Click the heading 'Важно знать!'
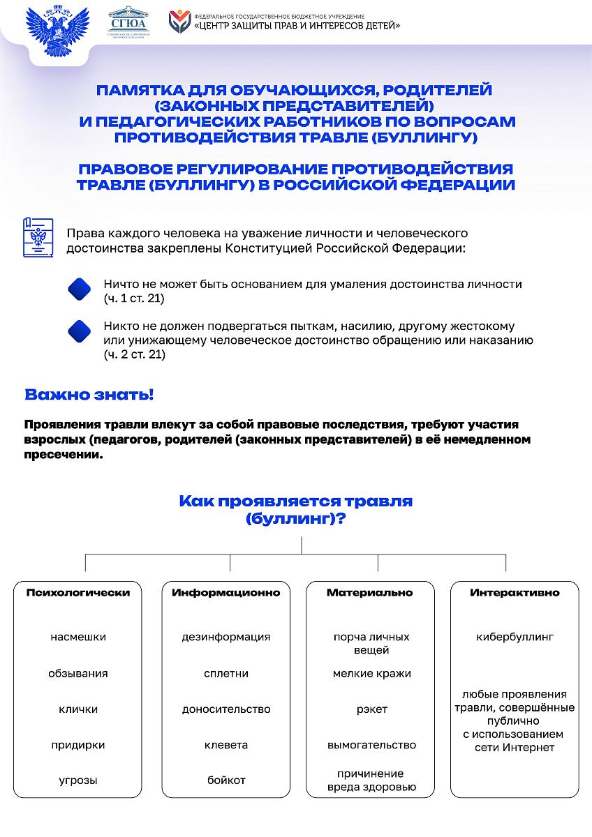click(89, 394)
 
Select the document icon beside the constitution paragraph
click(38, 237)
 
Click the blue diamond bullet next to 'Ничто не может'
click(80, 289)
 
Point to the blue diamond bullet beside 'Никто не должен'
click(80, 331)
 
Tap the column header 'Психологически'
click(78, 592)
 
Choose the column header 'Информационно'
click(226, 592)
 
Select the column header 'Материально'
click(370, 592)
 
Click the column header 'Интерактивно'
click(515, 592)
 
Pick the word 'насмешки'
click(78, 637)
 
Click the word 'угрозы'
click(78, 781)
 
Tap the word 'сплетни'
click(226, 674)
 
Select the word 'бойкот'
click(226, 781)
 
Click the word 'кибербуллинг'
click(515, 637)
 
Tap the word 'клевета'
click(226, 745)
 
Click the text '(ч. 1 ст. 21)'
click(134, 298)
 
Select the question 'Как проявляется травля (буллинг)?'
click(296, 510)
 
